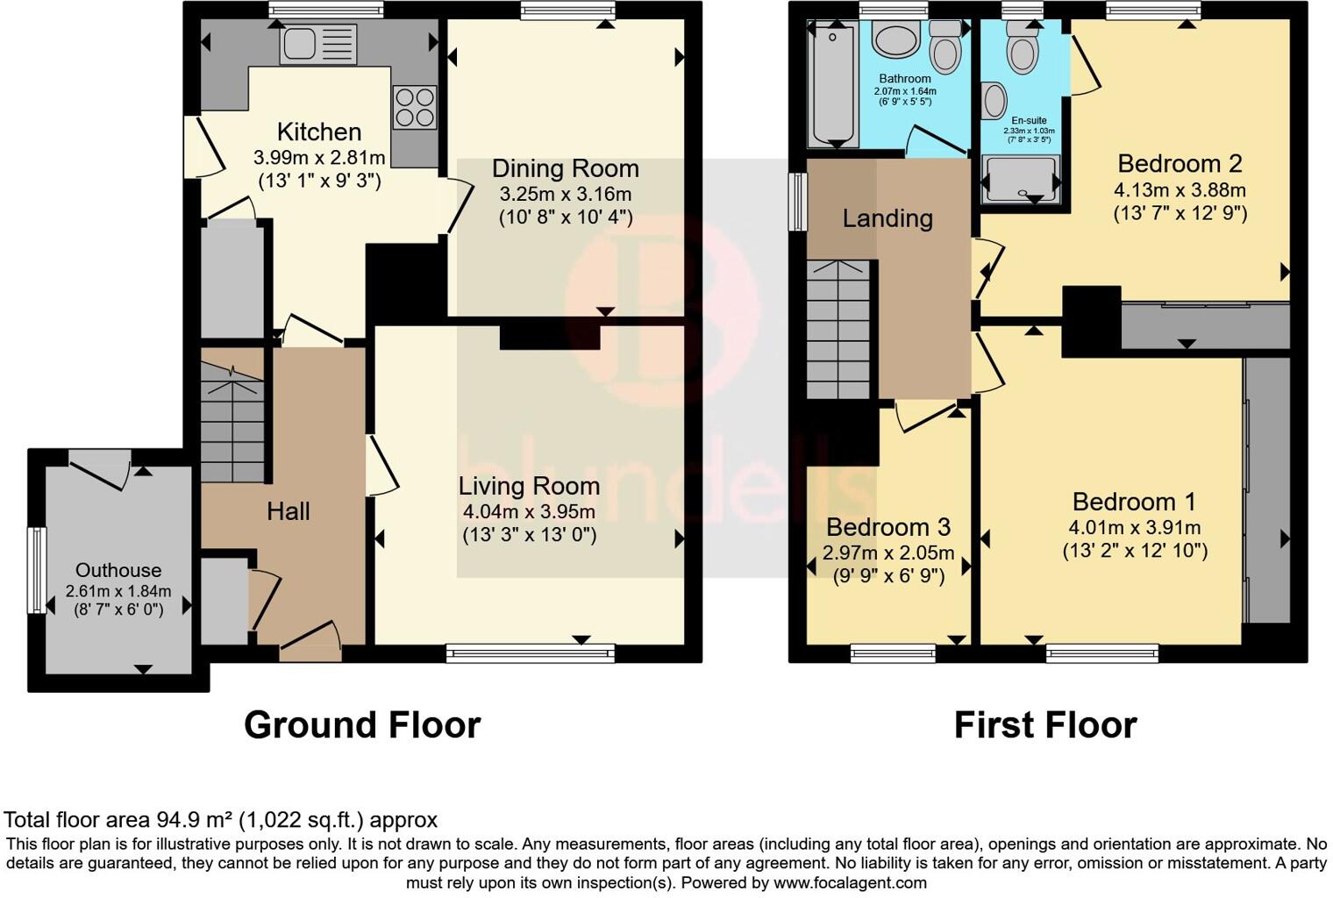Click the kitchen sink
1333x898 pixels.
click(318, 44)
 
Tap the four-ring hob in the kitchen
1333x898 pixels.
click(415, 107)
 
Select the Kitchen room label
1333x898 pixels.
click(319, 132)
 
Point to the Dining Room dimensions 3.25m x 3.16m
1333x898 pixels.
click(566, 195)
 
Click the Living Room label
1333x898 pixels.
click(529, 486)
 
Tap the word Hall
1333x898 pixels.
click(288, 511)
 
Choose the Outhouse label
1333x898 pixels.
click(118, 570)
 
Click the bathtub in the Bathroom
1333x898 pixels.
click(832, 84)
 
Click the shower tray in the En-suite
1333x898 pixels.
click(1021, 177)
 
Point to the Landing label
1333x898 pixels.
click(887, 218)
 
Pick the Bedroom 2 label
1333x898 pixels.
click(1180, 164)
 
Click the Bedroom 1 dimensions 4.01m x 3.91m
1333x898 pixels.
click(1135, 528)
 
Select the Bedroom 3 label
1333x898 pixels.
click(888, 527)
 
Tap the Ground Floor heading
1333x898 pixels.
click(362, 725)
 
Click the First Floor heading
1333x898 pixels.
click(1045, 725)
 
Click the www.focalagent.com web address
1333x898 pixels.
click(851, 882)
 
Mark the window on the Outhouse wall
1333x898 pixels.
click(38, 569)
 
